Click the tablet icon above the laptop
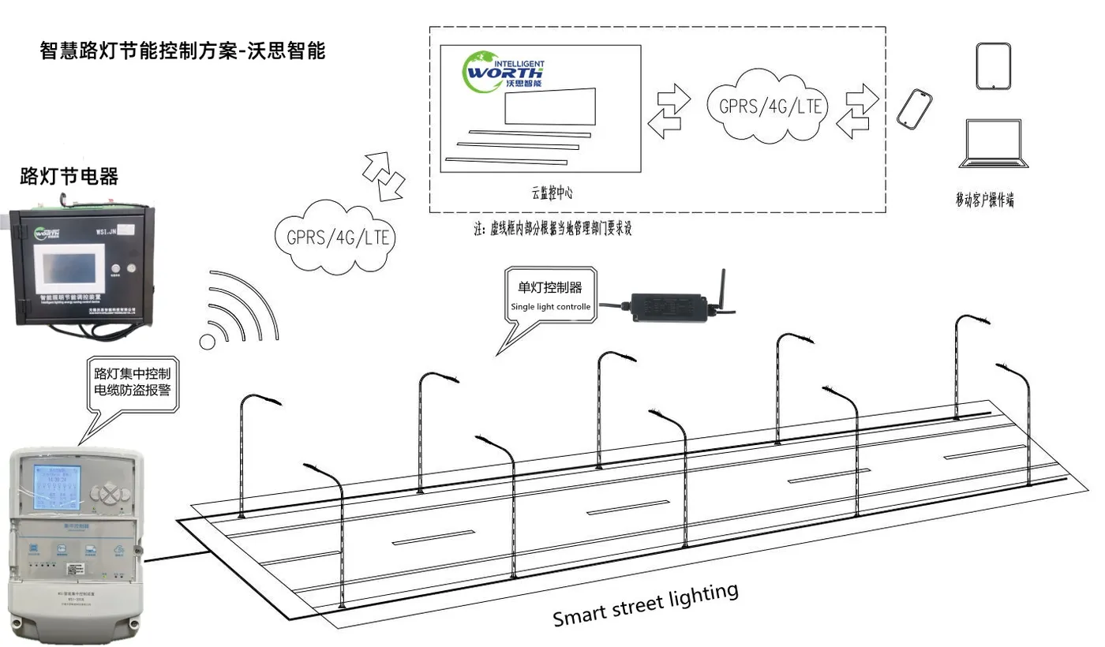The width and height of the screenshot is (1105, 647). pos(994,67)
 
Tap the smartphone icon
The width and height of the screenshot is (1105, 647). pos(914,109)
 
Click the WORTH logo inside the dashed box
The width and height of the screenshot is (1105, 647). pos(504,71)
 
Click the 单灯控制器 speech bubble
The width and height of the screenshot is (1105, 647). pos(550,296)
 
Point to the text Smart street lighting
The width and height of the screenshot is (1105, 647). pos(646,604)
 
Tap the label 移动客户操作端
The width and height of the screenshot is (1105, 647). pos(984,200)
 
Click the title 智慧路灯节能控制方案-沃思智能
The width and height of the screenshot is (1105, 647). pos(182,51)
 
